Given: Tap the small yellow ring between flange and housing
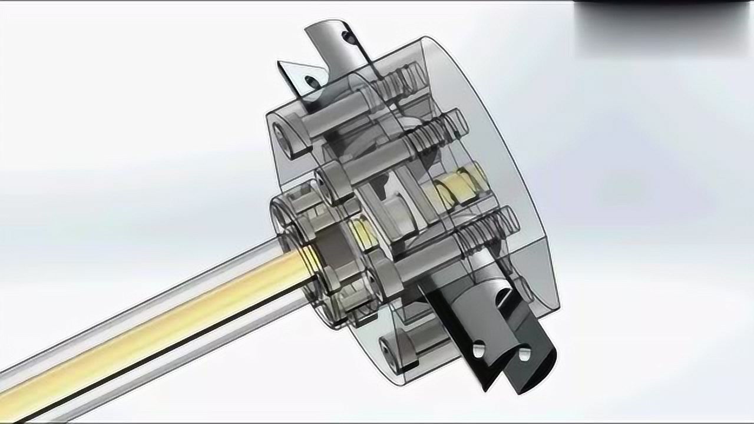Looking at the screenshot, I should coord(361,234).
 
